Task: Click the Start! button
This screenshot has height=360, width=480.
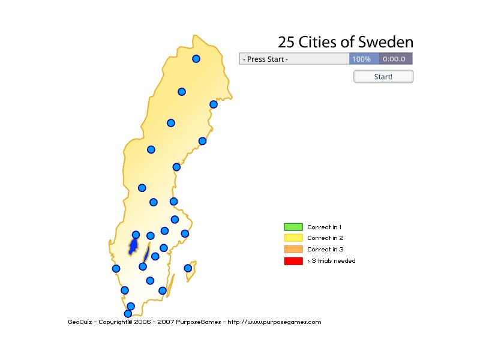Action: (383, 77)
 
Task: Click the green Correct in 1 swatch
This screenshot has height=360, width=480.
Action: (293, 227)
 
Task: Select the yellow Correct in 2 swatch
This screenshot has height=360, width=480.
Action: (293, 238)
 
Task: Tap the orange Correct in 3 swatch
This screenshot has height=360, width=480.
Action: (293, 249)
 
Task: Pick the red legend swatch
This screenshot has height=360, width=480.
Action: (293, 261)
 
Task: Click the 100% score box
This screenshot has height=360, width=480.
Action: (361, 59)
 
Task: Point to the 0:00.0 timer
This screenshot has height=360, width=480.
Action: (395, 59)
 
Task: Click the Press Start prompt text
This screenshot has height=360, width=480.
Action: (265, 59)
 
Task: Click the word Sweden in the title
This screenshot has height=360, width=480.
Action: (386, 42)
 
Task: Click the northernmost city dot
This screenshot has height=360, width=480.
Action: (196, 59)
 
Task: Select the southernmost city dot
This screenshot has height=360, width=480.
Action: (128, 313)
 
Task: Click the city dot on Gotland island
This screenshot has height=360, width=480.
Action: (188, 268)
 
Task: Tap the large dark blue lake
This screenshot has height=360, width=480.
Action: (133, 247)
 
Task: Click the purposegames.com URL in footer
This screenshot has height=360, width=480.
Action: (274, 322)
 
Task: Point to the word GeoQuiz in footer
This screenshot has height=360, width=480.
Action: (80, 322)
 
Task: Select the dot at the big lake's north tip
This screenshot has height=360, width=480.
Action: (136, 235)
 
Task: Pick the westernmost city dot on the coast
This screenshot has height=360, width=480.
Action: (116, 268)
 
